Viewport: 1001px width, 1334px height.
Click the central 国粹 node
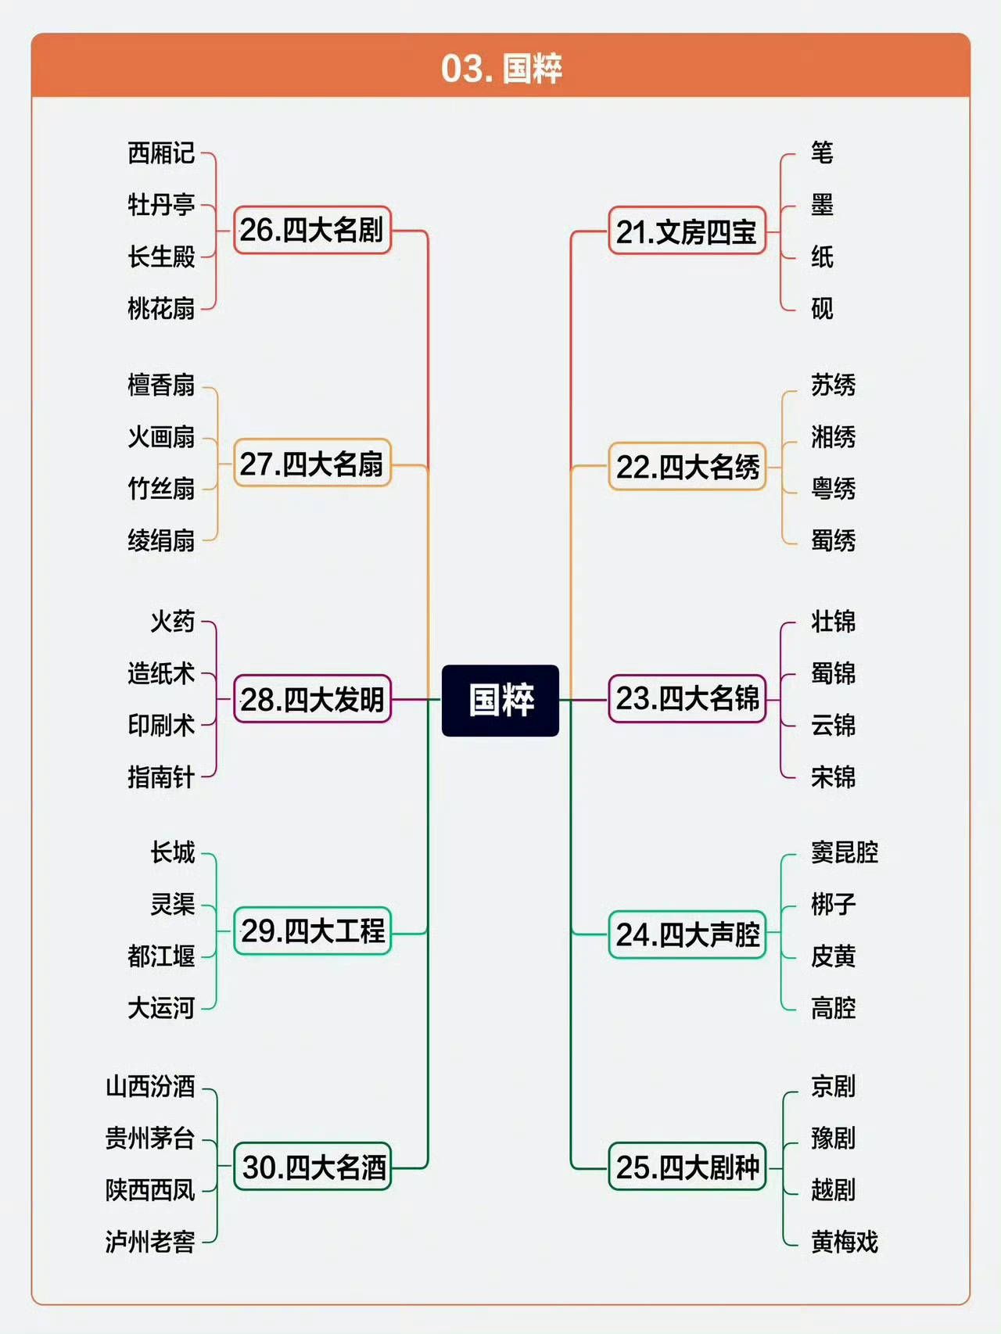(x=500, y=700)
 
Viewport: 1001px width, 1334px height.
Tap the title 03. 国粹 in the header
(x=501, y=68)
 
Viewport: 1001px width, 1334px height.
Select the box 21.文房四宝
(x=687, y=231)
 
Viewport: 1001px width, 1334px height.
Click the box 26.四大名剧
(x=312, y=230)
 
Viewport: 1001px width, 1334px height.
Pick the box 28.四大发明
(x=312, y=699)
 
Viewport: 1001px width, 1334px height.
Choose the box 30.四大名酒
(x=313, y=1167)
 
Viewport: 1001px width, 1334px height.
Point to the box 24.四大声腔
(x=687, y=934)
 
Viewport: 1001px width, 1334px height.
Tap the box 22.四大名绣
(x=687, y=466)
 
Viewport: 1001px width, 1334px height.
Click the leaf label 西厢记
(x=161, y=153)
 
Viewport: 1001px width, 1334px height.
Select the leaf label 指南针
(x=161, y=776)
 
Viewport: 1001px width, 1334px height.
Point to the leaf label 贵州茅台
(x=150, y=1138)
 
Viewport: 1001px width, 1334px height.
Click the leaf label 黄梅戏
(x=845, y=1241)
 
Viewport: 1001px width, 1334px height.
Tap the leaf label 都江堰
(x=161, y=956)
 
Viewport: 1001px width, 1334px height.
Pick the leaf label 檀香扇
(x=161, y=385)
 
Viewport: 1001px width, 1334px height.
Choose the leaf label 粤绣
(x=833, y=489)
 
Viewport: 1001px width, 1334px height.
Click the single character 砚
(x=822, y=308)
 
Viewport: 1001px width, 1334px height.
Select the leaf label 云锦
(x=833, y=725)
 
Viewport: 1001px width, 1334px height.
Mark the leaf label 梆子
(x=833, y=904)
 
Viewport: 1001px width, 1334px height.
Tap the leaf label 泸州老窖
(x=150, y=1241)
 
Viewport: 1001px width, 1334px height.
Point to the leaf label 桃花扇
(x=161, y=308)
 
